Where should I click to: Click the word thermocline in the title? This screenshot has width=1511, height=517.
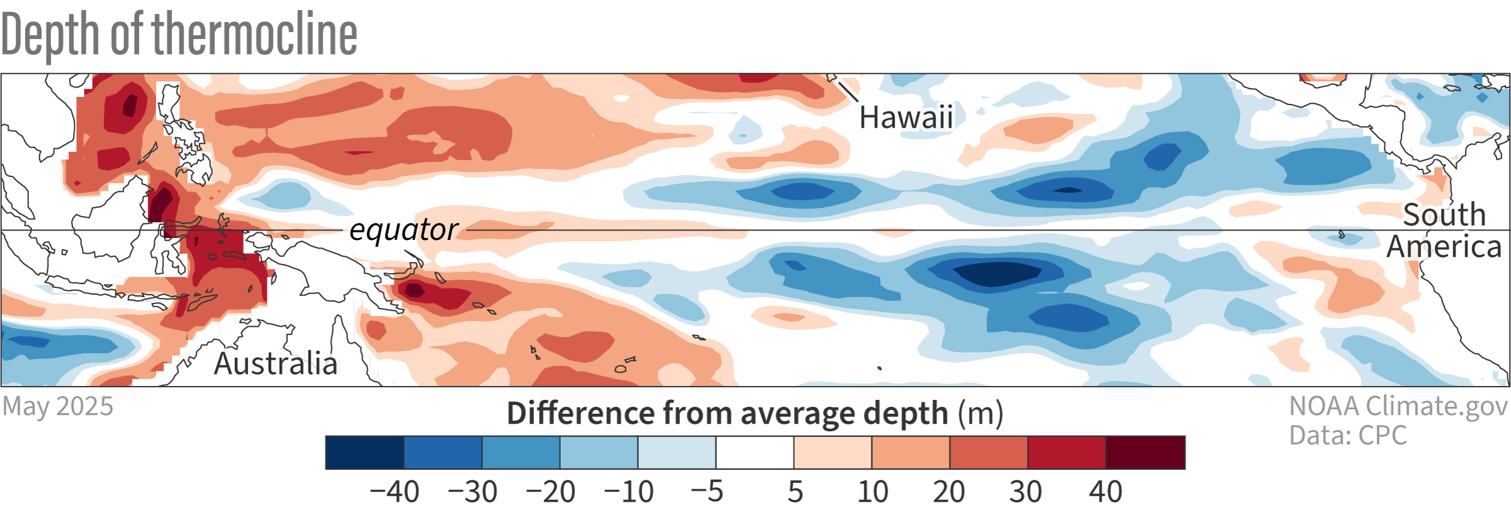pos(255,34)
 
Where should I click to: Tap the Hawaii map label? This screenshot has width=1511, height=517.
pos(906,118)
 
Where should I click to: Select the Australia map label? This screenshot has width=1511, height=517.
pos(276,364)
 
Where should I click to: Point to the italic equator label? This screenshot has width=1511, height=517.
pos(404,230)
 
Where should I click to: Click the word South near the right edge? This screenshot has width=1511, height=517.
pos(1444,215)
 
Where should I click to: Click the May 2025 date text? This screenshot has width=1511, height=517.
pos(58,407)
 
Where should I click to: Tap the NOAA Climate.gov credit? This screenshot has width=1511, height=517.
pos(1398,406)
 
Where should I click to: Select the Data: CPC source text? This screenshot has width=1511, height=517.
pos(1347,436)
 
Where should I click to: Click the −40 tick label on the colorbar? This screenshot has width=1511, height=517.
pos(394,492)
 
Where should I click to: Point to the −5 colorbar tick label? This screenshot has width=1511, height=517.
pos(706,492)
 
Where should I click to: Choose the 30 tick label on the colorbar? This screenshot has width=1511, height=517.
pos(1026,492)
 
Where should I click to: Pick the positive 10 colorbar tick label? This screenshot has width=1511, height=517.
pos(873,492)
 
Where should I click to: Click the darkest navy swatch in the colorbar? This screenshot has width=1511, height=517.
pos(365,452)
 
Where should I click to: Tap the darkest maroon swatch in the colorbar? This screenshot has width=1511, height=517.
pos(1145,452)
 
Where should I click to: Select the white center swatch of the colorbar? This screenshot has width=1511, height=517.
pos(755,452)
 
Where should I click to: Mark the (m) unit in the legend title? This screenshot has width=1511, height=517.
pos(980,414)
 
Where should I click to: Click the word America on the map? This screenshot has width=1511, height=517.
pos(1444,247)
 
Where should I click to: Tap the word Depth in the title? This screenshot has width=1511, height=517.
pos(50,34)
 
